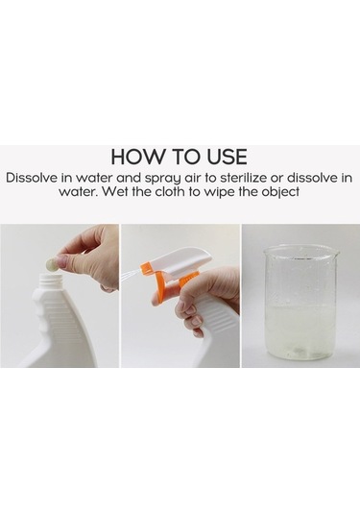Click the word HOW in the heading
coord(136,157)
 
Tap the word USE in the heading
coord(227,157)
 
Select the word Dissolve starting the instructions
coord(32,178)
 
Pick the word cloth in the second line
coord(170,191)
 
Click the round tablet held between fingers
coord(51,264)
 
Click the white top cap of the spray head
coord(180,260)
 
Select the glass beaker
coord(301,303)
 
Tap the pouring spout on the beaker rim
coord(335,253)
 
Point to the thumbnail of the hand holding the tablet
coord(61,261)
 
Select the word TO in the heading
coord(184,157)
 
